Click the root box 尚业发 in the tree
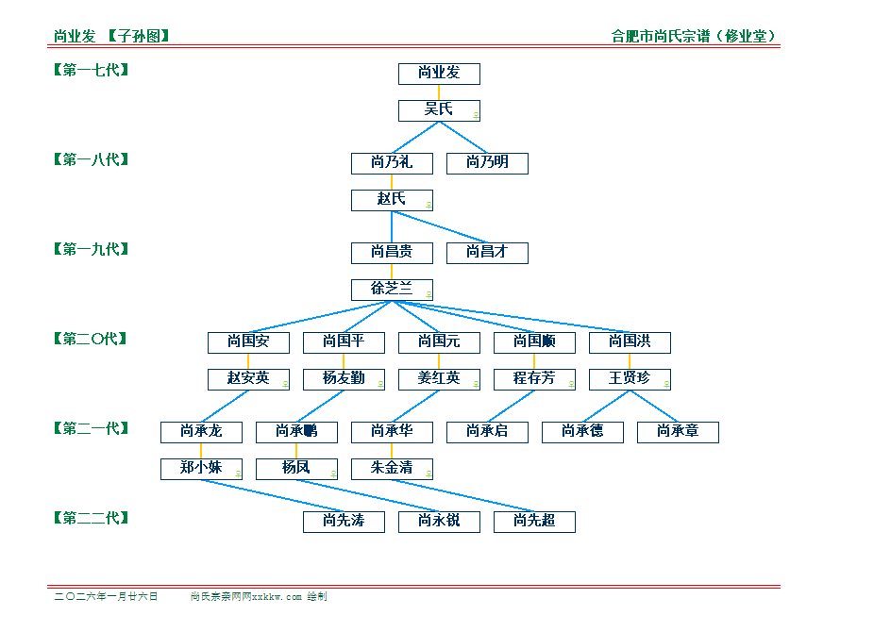[439, 74]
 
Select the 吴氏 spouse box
[439, 110]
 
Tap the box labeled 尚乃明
[487, 163]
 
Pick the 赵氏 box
[392, 200]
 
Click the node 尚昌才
[487, 253]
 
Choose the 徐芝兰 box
[392, 290]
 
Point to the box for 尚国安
[248, 342]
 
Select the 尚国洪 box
[630, 342]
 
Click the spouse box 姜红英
[439, 379]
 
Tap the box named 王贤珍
[630, 379]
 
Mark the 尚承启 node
[487, 432]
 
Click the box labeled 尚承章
[678, 432]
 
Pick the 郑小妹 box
[201, 469]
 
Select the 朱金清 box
[392, 469]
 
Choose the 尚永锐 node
[439, 522]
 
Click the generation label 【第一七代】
[91, 70]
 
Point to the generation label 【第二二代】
[91, 518]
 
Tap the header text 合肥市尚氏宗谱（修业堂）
[694, 37]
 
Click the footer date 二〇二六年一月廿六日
[106, 597]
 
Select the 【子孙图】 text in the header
[139, 37]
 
